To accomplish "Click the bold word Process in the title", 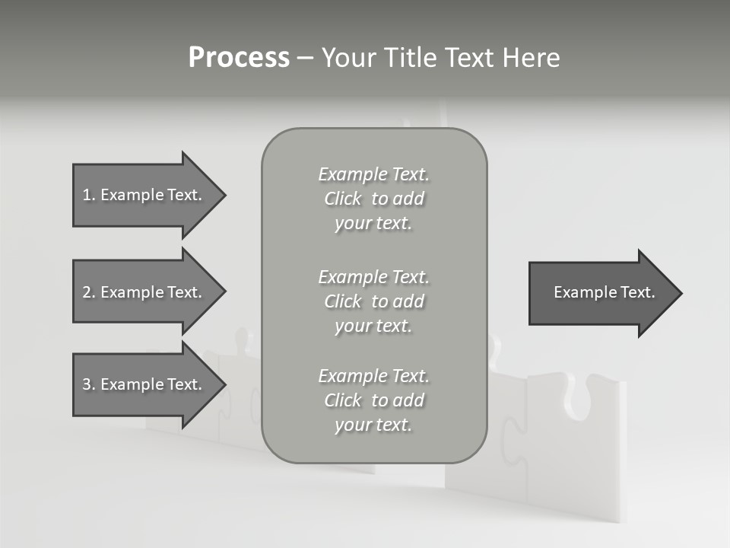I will point(239,58).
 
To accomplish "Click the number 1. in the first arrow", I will point(88,195).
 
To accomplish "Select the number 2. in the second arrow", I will point(88,292).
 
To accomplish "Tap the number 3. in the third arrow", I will point(88,384).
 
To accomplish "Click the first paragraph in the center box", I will point(373,199).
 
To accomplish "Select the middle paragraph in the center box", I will point(373,301).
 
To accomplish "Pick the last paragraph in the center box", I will point(373,400).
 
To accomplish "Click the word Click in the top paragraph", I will point(343,199).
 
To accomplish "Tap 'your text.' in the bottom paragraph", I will point(373,425).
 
